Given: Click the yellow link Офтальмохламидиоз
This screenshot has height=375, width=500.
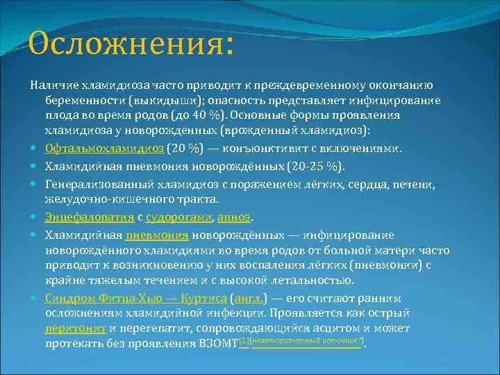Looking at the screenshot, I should coord(104,149).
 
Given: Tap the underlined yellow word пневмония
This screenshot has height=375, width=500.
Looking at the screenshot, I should coord(157,235).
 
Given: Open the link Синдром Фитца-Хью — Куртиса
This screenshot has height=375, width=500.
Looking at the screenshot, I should coord(135,298).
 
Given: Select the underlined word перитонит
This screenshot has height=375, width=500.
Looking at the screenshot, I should coord(76,328).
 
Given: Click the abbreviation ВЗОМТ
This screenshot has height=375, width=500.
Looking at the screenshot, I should coord(218,344).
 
